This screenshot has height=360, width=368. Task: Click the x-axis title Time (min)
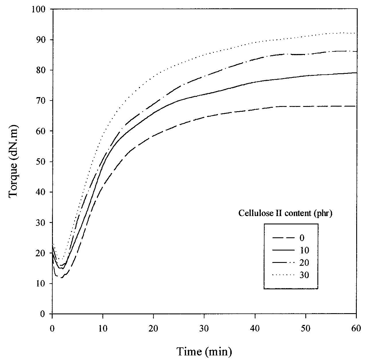tap(204, 351)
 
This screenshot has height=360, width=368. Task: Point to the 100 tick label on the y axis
tap(40, 9)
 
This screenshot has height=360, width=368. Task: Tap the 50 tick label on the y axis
tap(42, 161)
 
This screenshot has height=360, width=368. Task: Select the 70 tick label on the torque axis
tap(42, 101)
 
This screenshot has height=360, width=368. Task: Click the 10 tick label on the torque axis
tap(42, 284)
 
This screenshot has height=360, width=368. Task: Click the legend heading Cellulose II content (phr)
tap(285, 213)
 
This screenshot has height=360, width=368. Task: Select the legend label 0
tap(302, 238)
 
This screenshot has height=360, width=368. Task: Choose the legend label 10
tap(304, 250)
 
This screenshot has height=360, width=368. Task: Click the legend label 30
tap(304, 275)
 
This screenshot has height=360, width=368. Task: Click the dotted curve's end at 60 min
tap(356, 33)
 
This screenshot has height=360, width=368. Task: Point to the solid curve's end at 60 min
tap(356, 73)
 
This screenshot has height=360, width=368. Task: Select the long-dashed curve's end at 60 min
tap(356, 106)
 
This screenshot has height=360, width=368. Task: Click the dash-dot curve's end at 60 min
tap(356, 51)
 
